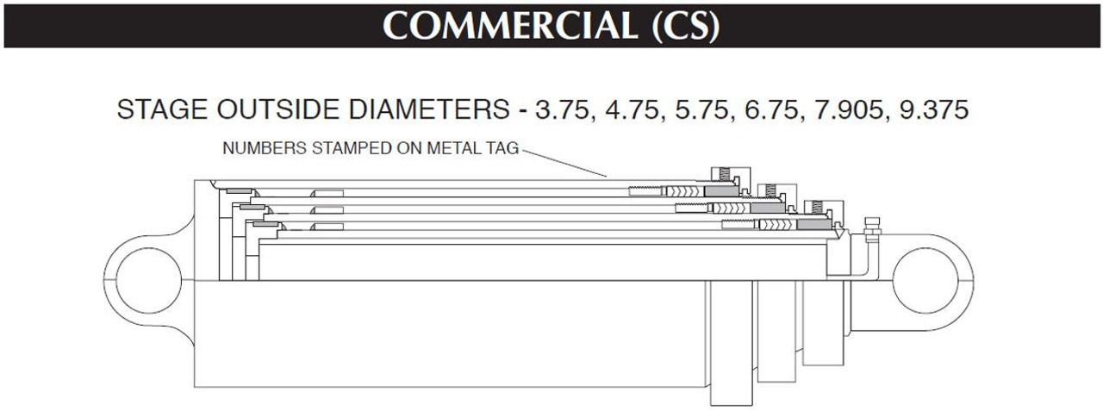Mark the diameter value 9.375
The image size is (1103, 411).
(x=932, y=111)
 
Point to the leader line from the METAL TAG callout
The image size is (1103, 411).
(x=564, y=163)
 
